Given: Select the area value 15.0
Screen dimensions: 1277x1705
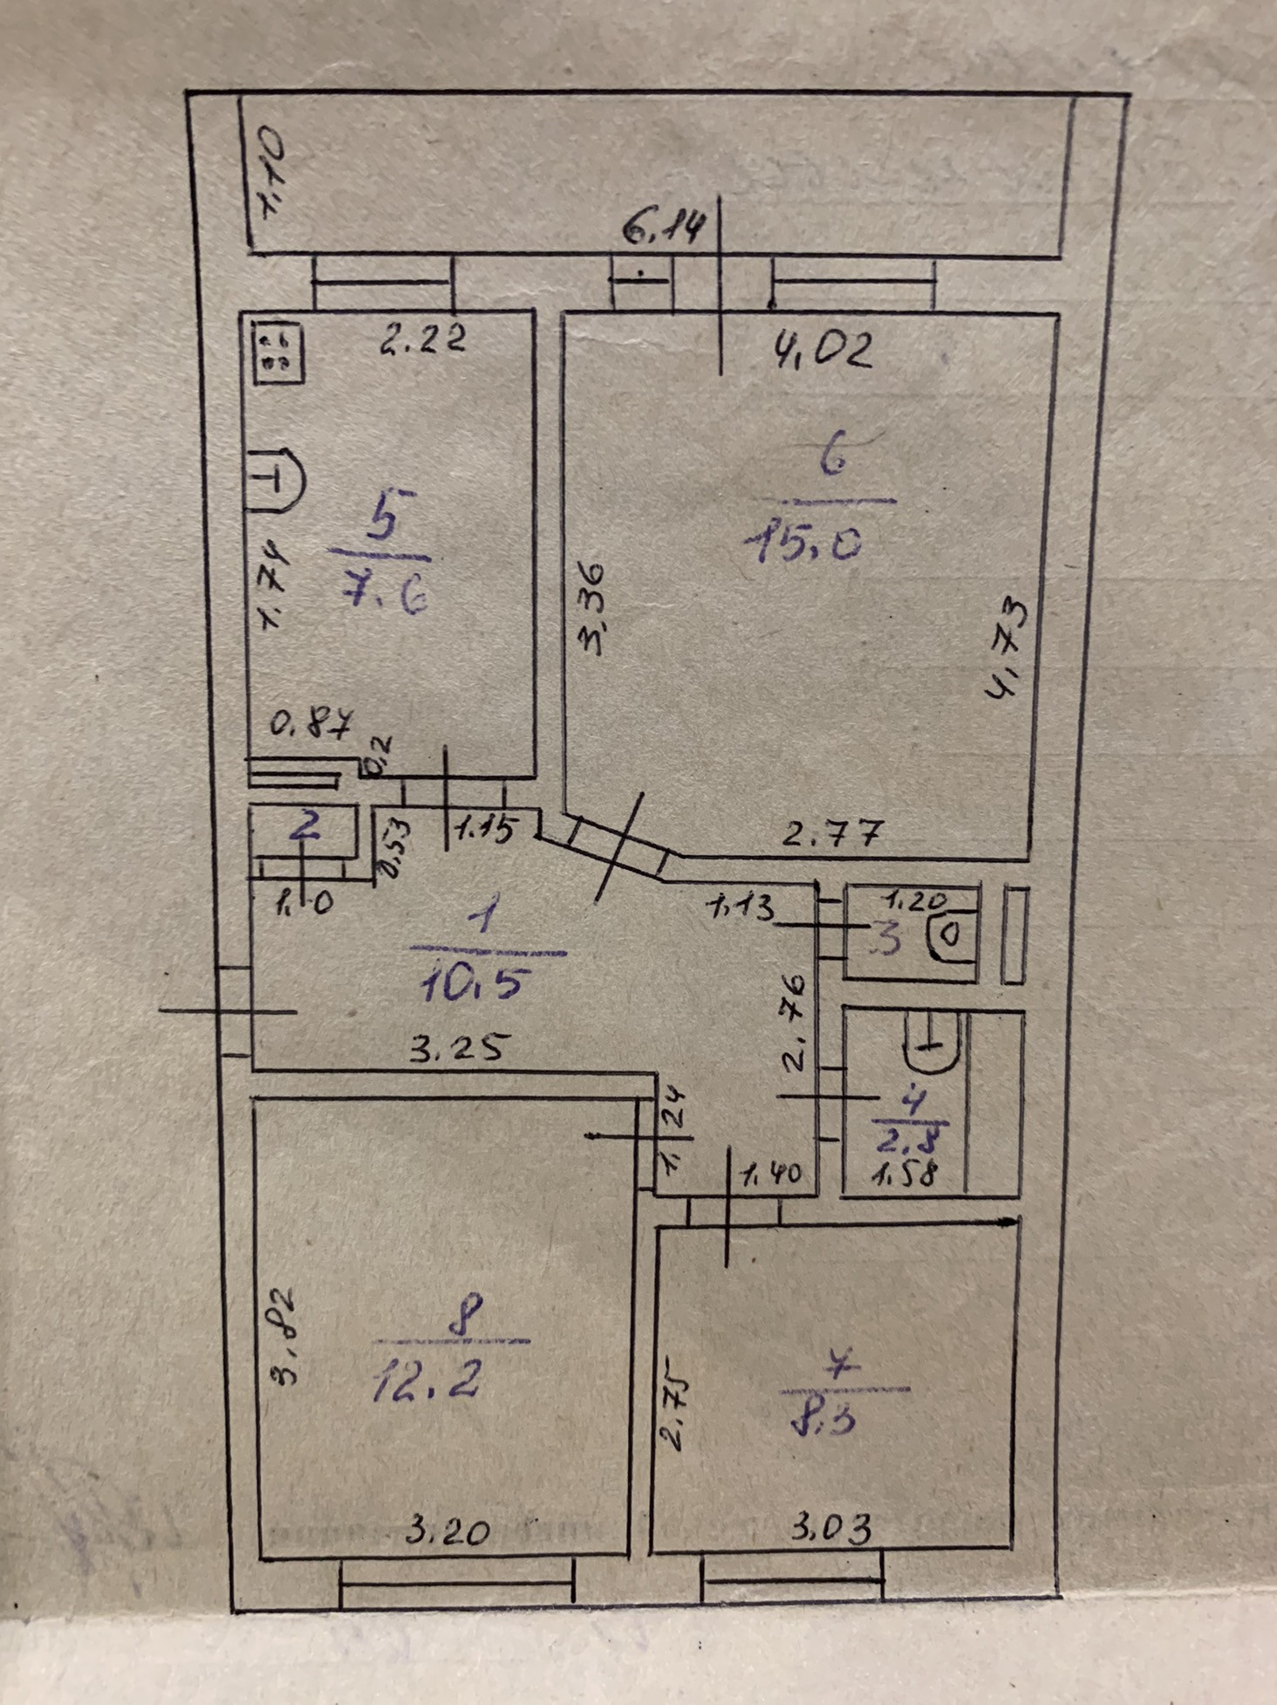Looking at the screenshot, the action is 803,544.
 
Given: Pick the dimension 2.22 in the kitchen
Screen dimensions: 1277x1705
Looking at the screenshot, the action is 422,339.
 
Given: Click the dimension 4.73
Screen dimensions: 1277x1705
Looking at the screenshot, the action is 1008,647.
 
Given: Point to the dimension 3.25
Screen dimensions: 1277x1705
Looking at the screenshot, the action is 456,1048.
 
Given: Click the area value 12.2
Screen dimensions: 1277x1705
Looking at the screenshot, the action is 427,1381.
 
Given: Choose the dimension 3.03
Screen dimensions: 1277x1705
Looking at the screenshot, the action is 831,1527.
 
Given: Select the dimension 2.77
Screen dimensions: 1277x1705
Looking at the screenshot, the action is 831,834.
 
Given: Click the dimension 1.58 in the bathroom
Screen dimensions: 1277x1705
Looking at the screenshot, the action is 905,1174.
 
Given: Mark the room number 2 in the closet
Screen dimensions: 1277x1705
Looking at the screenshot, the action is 304,826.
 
